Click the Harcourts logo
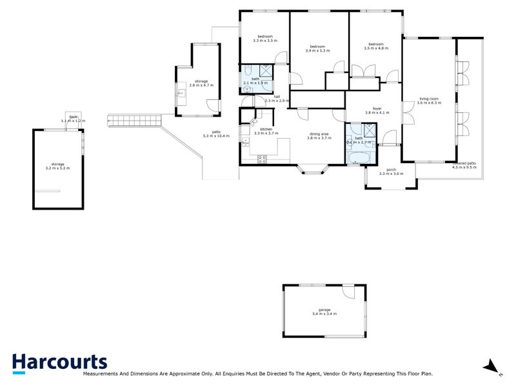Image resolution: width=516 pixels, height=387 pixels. coord(59,362)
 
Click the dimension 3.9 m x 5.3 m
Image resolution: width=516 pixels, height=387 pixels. coord(317,50)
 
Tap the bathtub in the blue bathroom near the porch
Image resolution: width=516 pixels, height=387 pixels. coord(357,158)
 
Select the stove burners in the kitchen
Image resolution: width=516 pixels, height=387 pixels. coord(263,160)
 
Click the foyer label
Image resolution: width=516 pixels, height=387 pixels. coord(377,108)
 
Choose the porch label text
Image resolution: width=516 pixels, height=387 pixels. coord(391,170)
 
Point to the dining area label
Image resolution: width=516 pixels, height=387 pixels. coord(319,134)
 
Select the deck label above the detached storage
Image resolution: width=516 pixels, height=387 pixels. coord(73,117)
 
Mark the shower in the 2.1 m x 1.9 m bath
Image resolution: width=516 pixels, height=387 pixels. coord(266,71)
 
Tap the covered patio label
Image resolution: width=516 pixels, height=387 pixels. coord(464,163)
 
